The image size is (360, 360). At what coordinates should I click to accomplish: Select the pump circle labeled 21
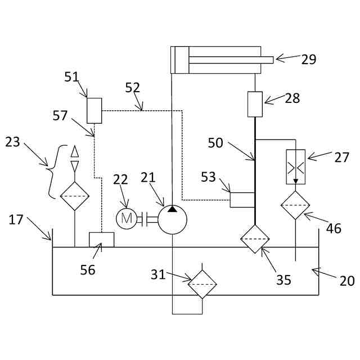(x=172, y=219)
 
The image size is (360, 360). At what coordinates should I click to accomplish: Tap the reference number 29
(x=309, y=59)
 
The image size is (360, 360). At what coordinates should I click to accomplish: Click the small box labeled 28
(x=255, y=105)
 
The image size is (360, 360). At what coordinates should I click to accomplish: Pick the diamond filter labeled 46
(x=296, y=205)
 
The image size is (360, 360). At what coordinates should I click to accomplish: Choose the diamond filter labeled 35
(x=255, y=238)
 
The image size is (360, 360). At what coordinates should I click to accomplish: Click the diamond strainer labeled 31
(x=202, y=284)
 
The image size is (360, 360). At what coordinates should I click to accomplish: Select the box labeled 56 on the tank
(x=102, y=240)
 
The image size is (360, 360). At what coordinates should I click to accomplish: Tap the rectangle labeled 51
(x=94, y=110)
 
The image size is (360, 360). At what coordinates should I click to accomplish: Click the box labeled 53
(x=242, y=200)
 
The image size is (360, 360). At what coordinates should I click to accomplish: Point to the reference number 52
(x=133, y=88)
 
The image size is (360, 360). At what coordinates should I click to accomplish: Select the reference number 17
(x=16, y=219)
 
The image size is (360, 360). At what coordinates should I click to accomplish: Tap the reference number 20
(x=347, y=280)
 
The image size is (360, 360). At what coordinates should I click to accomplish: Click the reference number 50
(x=215, y=143)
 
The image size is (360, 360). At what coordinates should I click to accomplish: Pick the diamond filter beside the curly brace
(x=75, y=196)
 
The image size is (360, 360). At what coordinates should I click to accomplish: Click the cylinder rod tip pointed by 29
(x=267, y=60)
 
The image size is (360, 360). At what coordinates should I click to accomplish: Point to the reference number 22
(x=121, y=179)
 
